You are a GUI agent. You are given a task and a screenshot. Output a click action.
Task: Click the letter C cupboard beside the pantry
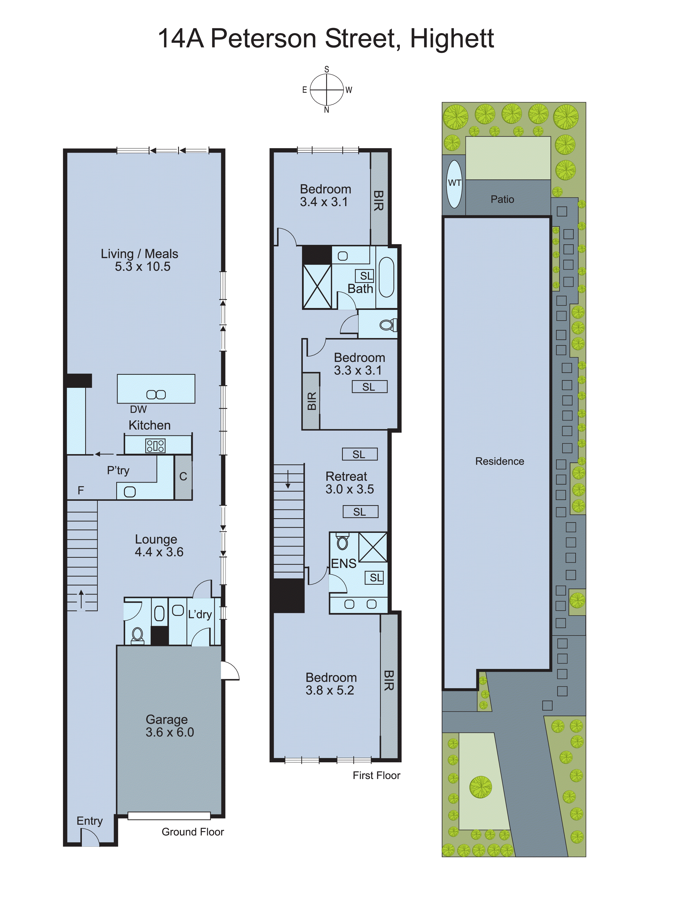pyautogui.click(x=183, y=476)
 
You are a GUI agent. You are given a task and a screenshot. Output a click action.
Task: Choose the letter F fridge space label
pyautogui.click(x=81, y=490)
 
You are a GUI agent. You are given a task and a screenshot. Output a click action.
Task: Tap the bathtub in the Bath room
pyautogui.click(x=386, y=277)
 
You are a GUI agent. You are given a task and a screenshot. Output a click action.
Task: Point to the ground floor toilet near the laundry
pyautogui.click(x=138, y=634)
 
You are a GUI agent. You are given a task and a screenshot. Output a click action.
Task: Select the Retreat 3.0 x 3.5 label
pyautogui.click(x=349, y=483)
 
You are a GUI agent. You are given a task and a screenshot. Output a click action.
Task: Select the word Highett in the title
pyautogui.click(x=452, y=39)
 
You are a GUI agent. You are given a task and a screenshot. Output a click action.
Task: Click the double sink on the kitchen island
pyautogui.click(x=156, y=395)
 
